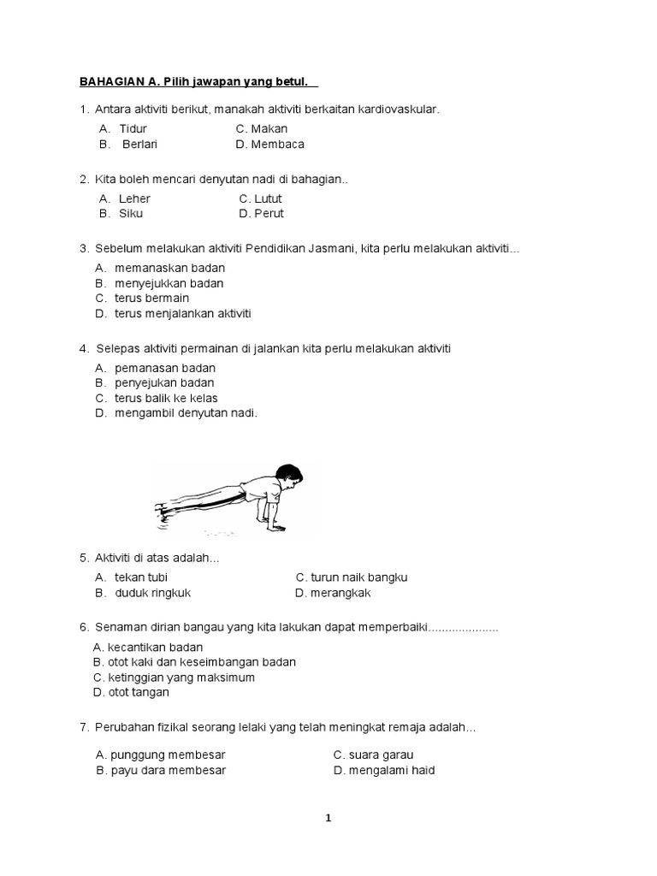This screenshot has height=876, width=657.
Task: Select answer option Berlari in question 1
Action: coord(139,144)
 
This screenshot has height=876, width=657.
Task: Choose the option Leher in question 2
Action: coord(134,198)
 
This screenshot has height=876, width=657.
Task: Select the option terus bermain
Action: coord(151,298)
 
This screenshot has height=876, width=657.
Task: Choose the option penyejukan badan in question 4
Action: coord(164,382)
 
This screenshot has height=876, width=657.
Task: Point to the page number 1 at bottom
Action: coord(328,818)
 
